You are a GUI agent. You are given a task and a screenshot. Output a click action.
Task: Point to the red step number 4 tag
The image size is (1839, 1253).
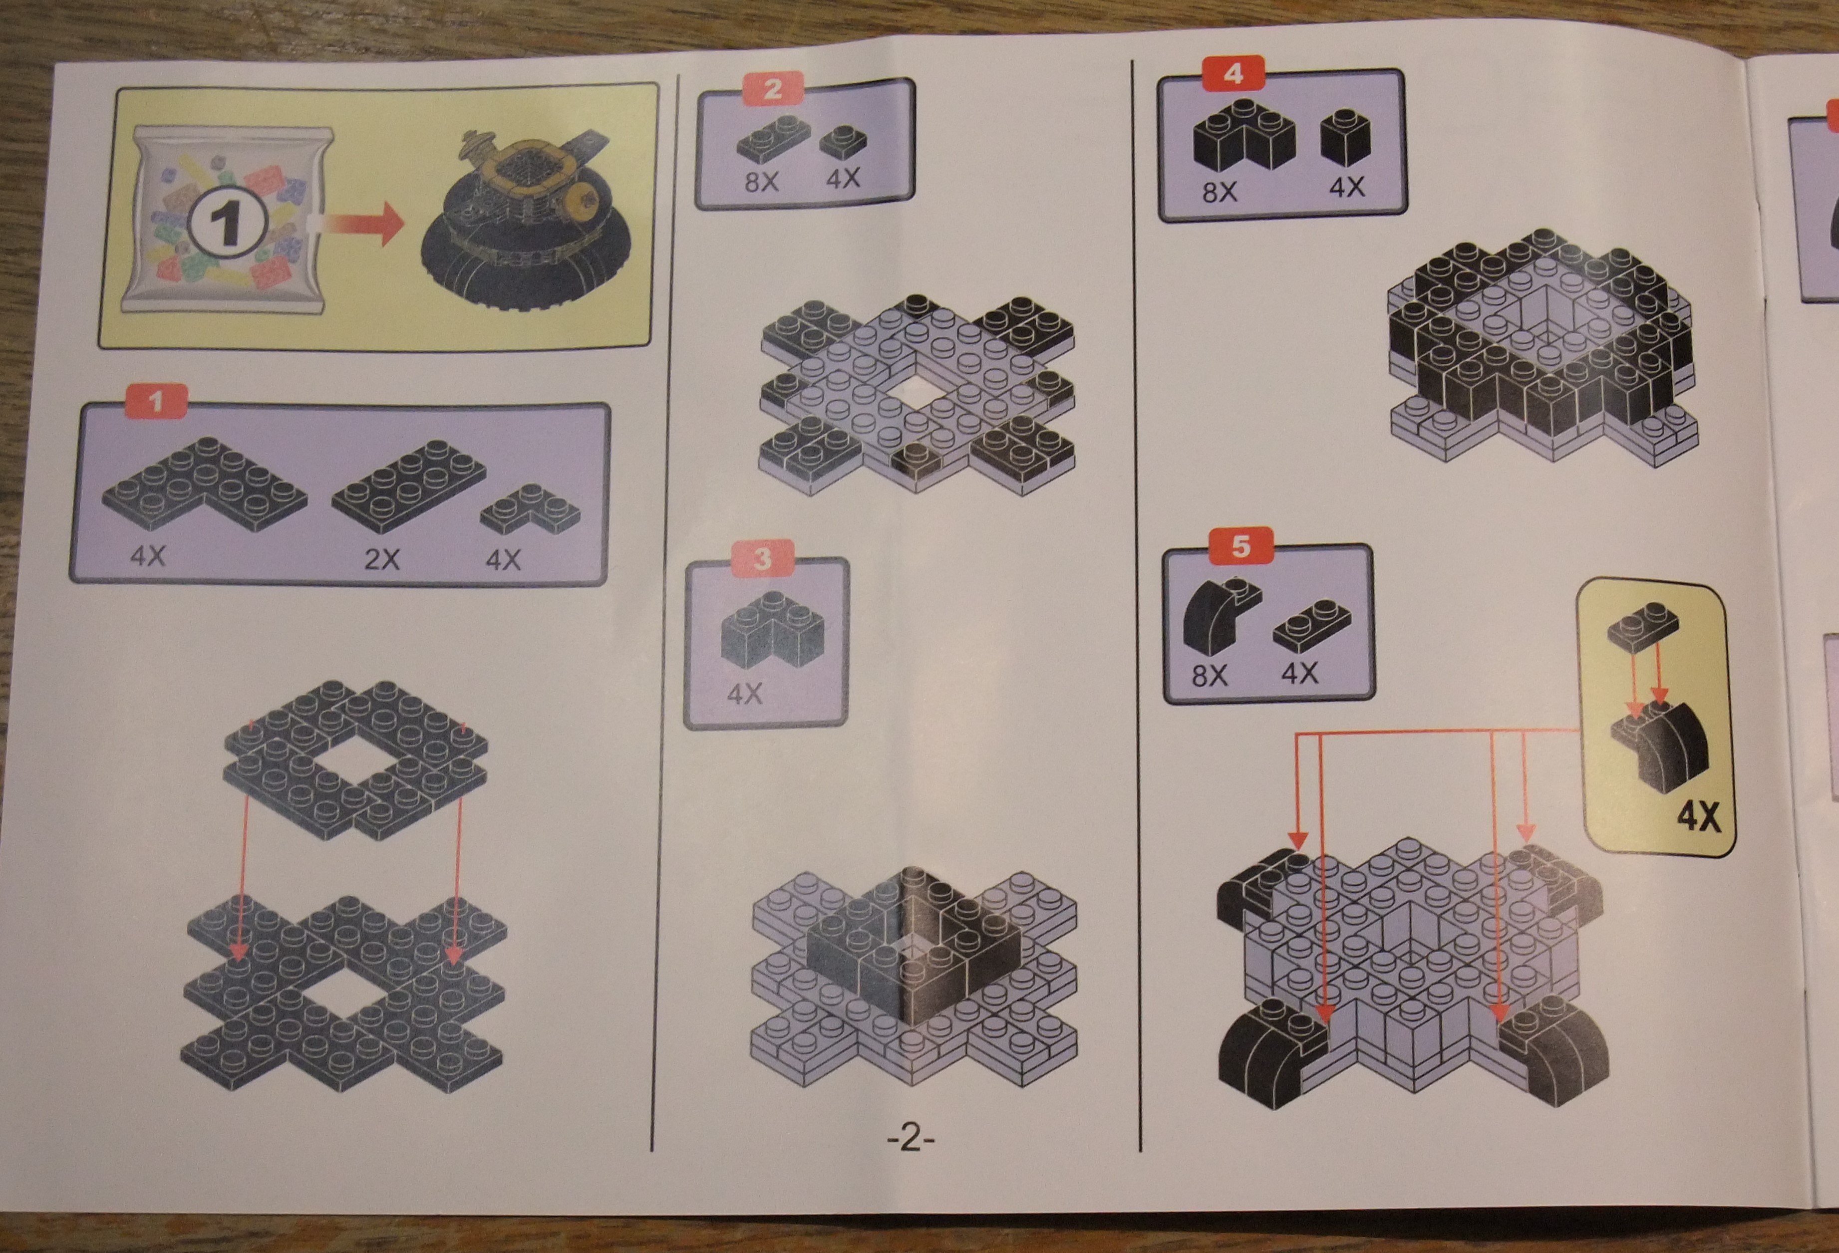1233,74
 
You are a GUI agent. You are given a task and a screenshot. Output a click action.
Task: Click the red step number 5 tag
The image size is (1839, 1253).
1241,546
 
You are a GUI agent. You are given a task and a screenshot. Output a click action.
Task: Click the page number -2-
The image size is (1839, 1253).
911,1139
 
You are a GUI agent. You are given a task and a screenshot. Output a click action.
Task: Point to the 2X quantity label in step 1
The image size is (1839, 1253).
381,560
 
